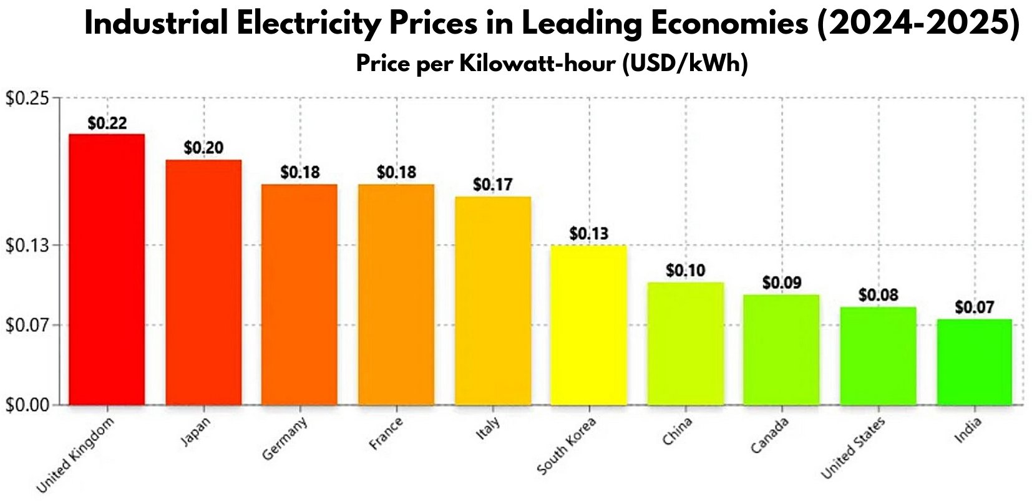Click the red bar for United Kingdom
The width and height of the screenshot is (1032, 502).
coord(107,269)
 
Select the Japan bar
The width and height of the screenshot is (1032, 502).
coord(203,282)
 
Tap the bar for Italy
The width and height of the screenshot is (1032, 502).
coord(493,301)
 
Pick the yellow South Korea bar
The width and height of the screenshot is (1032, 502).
coord(588,325)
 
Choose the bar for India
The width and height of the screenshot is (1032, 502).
coord(974,362)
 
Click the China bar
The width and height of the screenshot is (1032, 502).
coord(685,344)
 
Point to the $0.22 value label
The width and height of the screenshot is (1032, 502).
coord(107,123)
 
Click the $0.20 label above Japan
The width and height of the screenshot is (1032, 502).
coord(203,148)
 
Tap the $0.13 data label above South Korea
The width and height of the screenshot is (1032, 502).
coord(588,234)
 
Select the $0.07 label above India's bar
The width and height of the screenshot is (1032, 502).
coord(974,307)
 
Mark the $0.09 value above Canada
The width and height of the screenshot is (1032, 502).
coord(781,283)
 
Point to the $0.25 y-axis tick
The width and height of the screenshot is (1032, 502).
coord(27,99)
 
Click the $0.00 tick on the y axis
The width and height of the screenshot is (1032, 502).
coord(27,405)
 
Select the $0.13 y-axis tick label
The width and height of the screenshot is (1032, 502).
coord(27,246)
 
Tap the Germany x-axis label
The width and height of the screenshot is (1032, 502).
coord(285,439)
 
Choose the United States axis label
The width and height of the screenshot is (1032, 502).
coord(852,448)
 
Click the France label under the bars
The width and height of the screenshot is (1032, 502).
coord(386,434)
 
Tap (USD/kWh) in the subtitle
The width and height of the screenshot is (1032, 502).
coord(684,64)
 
